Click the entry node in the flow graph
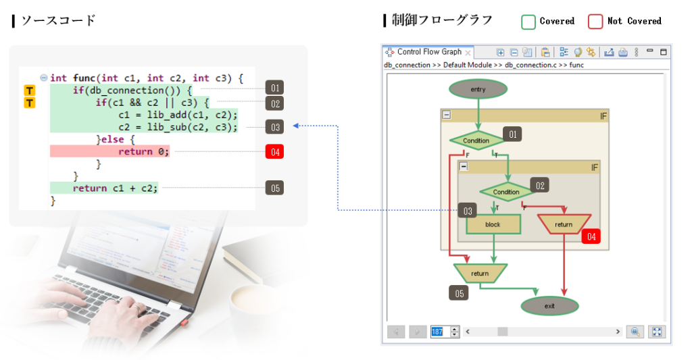pos(478,89)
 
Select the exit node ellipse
pos(549,306)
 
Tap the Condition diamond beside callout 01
pos(476,140)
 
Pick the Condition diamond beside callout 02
pos(506,192)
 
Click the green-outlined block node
pos(493,224)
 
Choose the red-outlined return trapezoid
pos(564,224)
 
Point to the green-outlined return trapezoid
pos(480,274)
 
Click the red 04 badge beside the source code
pos(274,151)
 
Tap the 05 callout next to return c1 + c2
pos(274,188)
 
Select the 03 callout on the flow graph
pos(468,211)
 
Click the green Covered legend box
pos(528,22)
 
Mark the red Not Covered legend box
pos(595,22)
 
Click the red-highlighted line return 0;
pos(143,151)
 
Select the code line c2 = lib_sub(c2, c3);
pos(178,127)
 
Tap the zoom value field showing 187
pos(437,332)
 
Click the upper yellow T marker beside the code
pos(29,91)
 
